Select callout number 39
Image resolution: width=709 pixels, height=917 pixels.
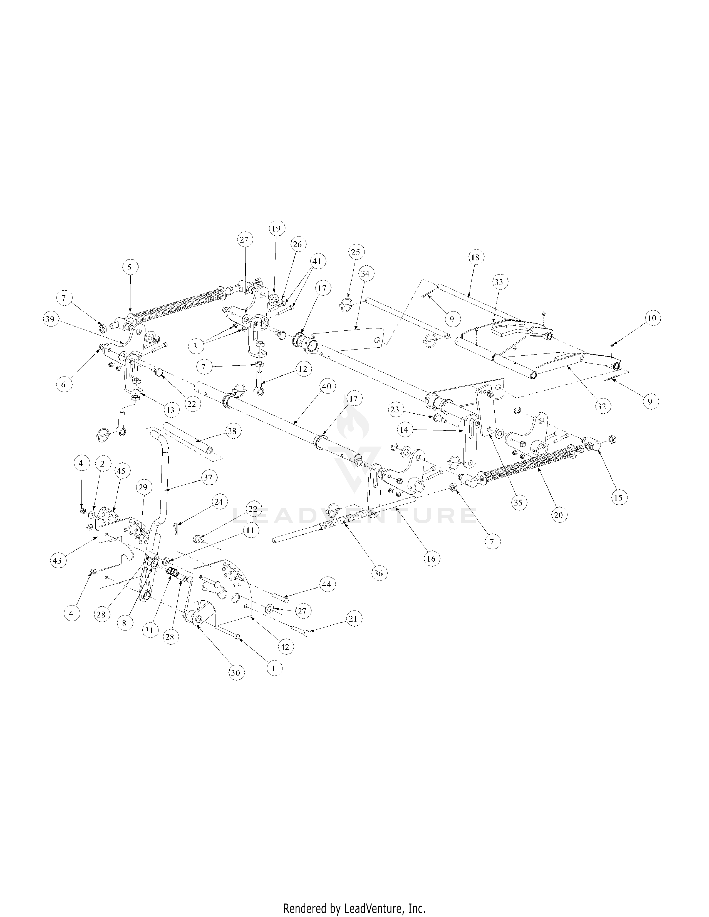coord(50,319)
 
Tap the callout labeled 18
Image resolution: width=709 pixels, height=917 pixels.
coord(475,257)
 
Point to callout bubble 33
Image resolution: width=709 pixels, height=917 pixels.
coord(498,282)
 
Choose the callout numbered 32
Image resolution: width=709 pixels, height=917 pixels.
coord(601,407)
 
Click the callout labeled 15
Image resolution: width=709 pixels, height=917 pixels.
coord(618,498)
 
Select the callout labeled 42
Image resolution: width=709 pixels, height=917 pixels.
coord(285,647)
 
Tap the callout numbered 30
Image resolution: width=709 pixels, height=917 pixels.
coord(235,673)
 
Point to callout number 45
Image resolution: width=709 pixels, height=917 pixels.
coord(121,471)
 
